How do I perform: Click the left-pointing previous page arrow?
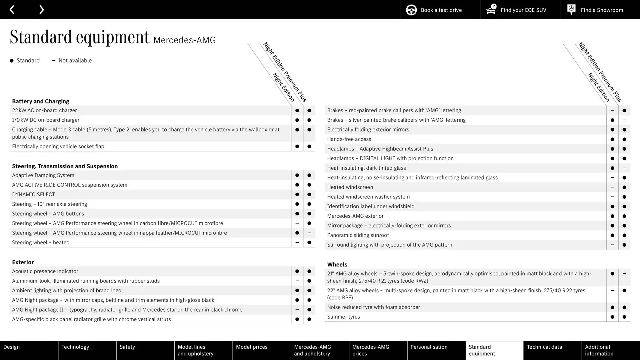coord(12,10)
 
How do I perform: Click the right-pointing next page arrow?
coord(41,10)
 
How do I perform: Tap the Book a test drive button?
coord(440,10)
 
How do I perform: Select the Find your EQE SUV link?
coord(520,10)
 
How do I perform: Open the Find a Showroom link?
coord(600,10)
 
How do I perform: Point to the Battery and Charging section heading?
coord(41,101)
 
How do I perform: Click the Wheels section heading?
coord(337,265)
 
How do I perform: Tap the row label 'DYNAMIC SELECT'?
coord(33,194)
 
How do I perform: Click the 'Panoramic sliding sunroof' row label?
coord(358,235)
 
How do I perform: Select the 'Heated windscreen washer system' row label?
coord(368,197)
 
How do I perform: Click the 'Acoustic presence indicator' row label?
coord(45,271)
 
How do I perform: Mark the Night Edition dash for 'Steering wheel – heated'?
coord(297,243)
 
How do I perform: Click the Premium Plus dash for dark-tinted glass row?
coord(624,168)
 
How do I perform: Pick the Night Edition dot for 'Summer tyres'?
coord(612,317)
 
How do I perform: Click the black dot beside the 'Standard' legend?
coord(12,61)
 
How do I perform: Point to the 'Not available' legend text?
coord(75,61)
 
